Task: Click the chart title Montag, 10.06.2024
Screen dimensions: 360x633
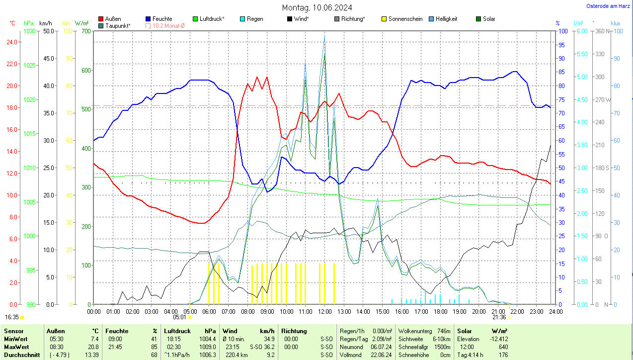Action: pos(317,7)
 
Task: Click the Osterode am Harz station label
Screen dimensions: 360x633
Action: pos(609,6)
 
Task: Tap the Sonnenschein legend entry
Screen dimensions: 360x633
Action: pos(405,19)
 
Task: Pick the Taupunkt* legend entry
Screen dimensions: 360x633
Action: pos(117,25)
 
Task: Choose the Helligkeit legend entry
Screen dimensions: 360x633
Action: pos(446,19)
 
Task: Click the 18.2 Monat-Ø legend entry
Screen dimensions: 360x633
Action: pos(168,25)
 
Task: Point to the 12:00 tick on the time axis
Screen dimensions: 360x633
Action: pos(324,311)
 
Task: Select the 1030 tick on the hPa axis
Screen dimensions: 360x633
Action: pos(30,31)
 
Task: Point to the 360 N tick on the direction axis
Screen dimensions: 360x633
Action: pos(602,31)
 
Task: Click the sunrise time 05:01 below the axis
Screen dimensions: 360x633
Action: pos(179,317)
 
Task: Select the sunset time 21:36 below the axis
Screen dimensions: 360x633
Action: pos(499,317)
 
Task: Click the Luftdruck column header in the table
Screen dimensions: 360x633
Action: pos(177,331)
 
